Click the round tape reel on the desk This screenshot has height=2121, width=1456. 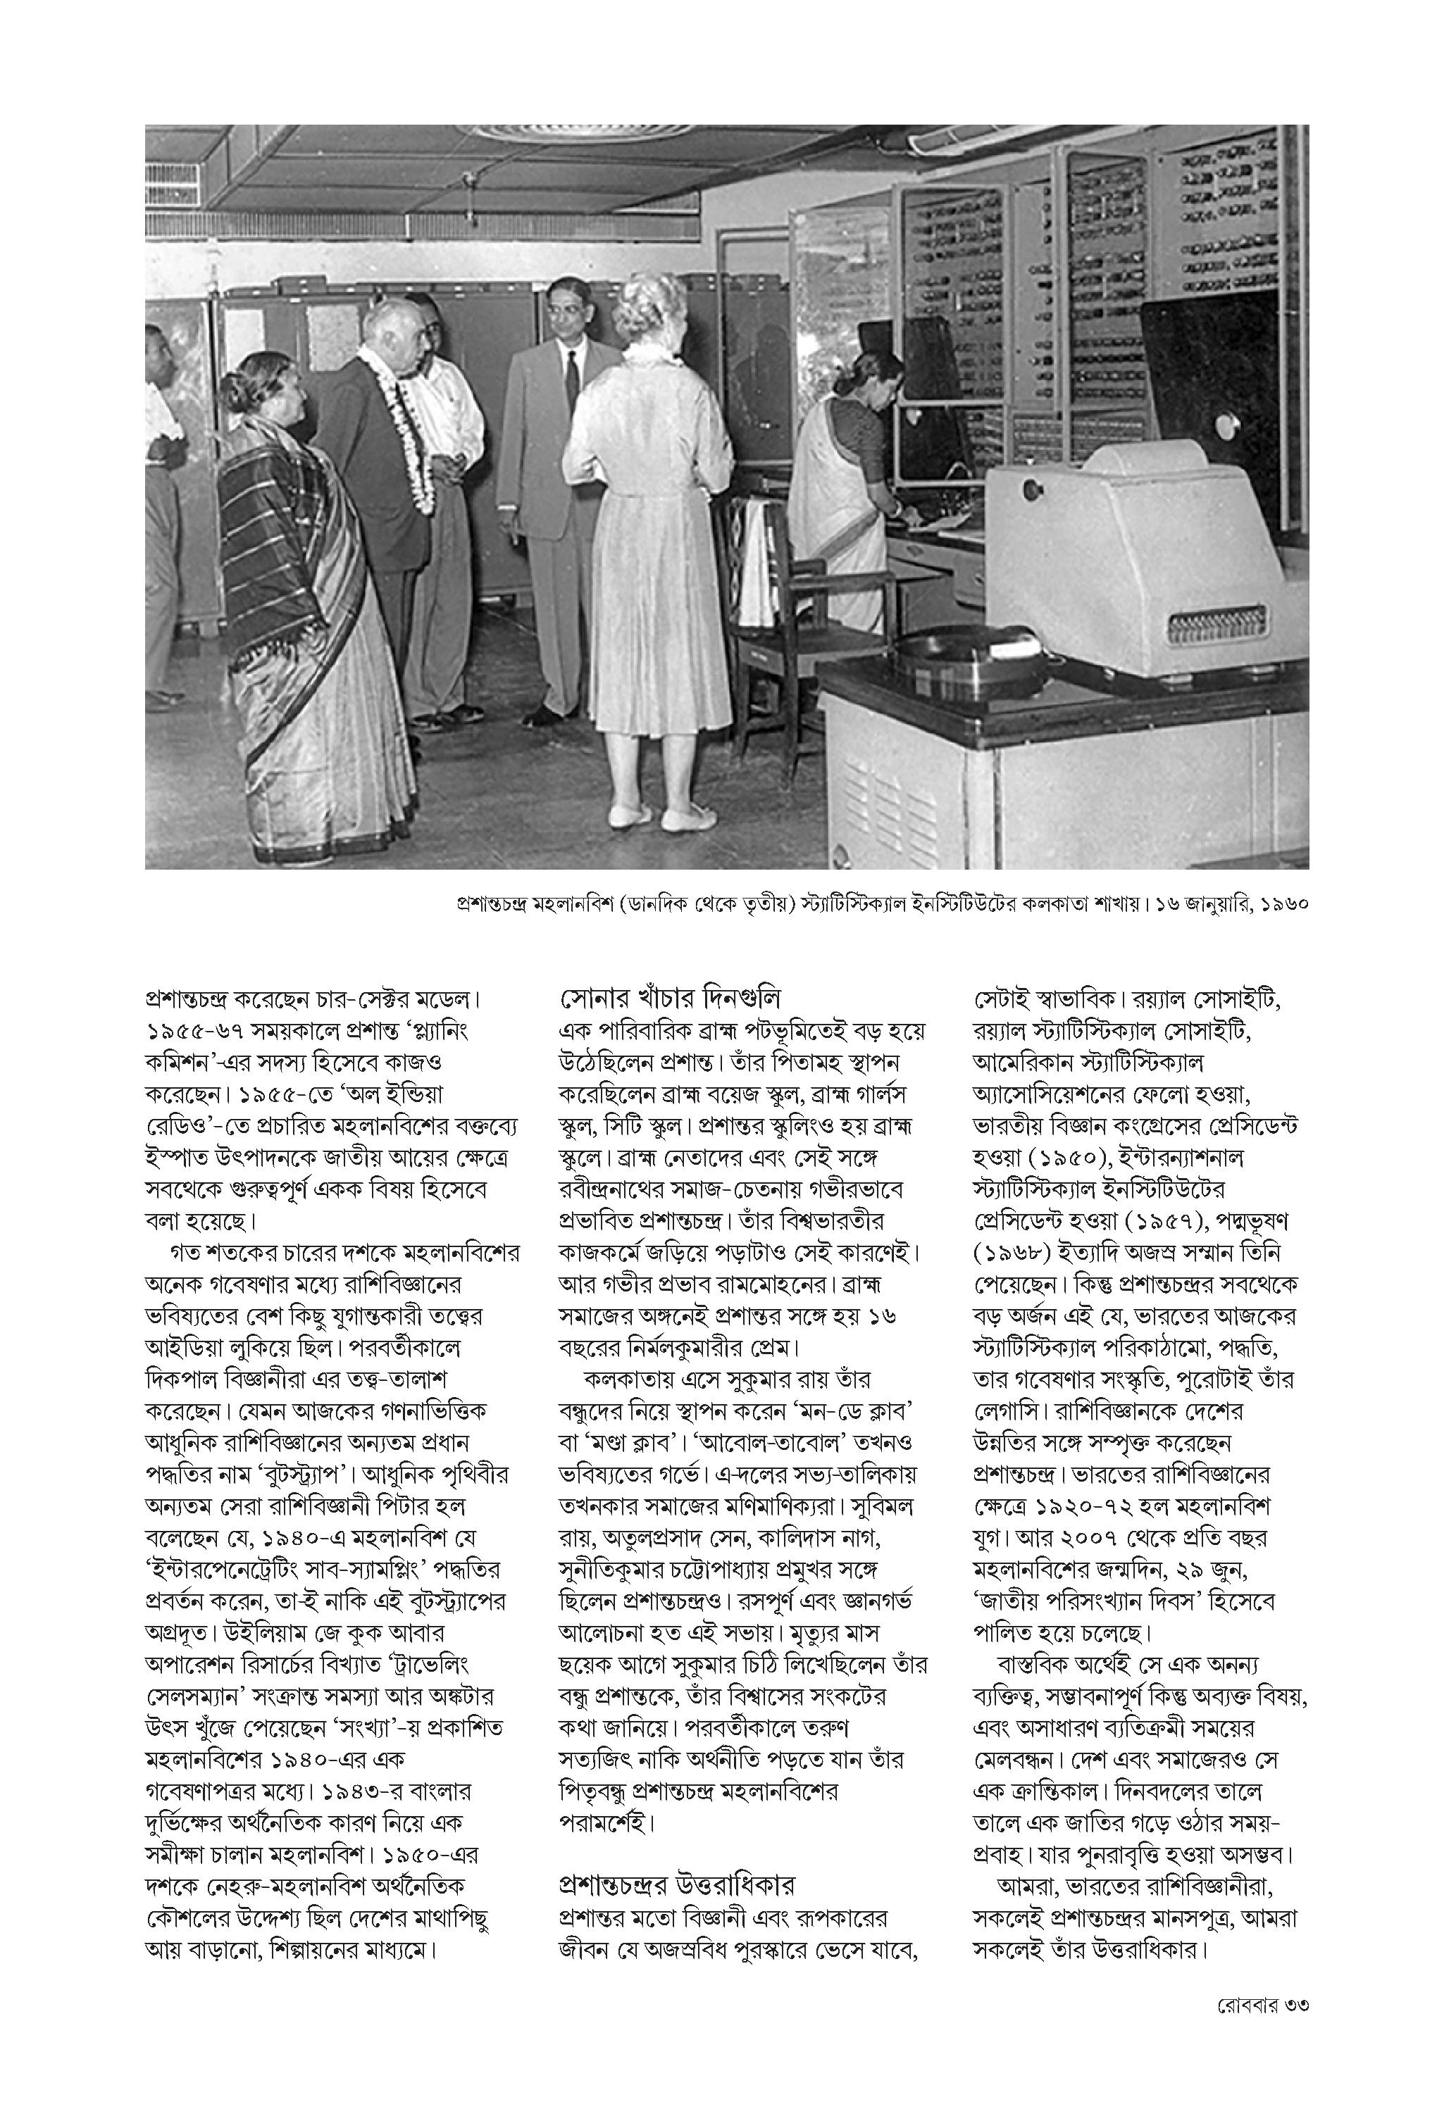(950, 657)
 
